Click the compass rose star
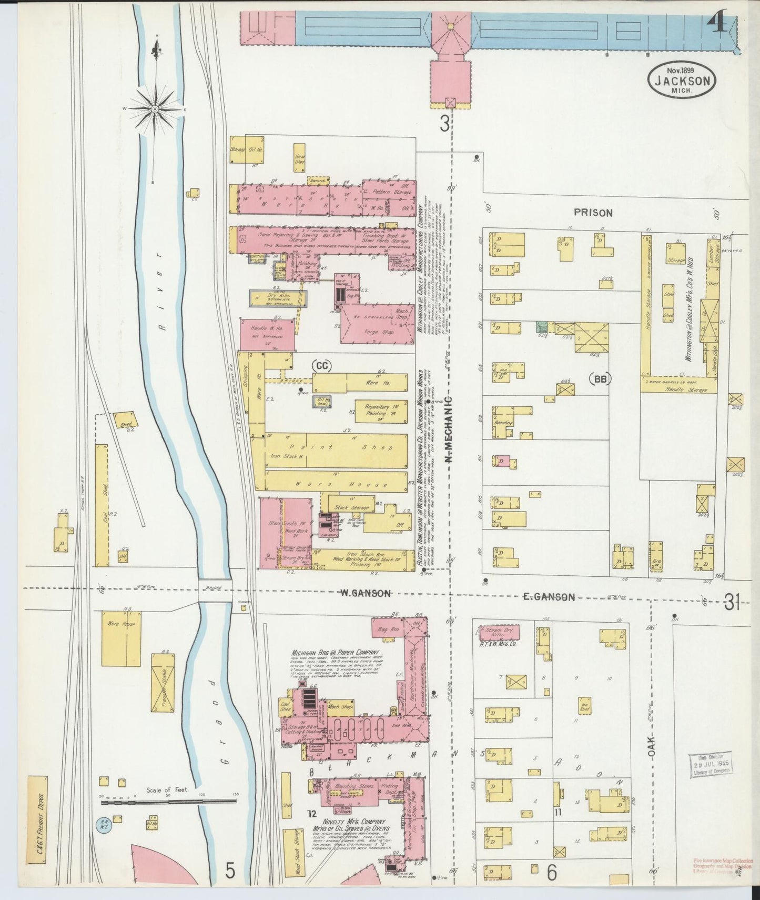tap(155, 109)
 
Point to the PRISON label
tap(593, 213)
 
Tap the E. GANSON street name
tap(549, 596)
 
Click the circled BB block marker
tap(600, 378)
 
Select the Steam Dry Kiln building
tap(498, 632)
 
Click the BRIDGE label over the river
tap(215, 588)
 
